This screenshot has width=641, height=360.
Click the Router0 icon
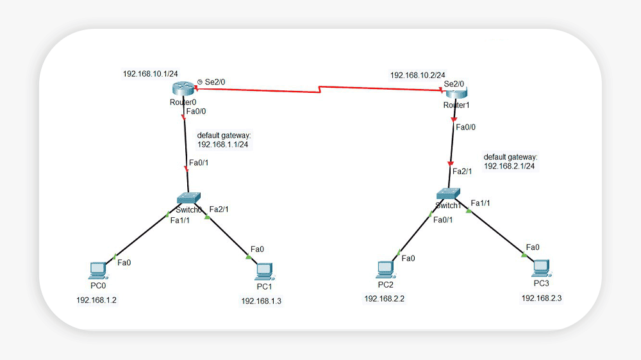pyautogui.click(x=183, y=90)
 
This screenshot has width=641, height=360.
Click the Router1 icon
pyautogui.click(x=456, y=94)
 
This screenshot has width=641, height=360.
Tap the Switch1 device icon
pyautogui.click(x=448, y=193)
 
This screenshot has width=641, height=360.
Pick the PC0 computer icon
pyautogui.click(x=97, y=270)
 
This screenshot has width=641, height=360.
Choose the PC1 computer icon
pyautogui.click(x=263, y=272)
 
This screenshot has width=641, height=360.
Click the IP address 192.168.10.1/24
pyautogui.click(x=151, y=74)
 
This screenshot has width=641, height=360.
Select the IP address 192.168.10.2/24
pyautogui.click(x=418, y=75)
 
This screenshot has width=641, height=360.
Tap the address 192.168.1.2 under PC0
pyautogui.click(x=96, y=300)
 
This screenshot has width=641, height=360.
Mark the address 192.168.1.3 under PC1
pyautogui.click(x=261, y=300)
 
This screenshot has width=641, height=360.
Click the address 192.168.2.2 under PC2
pyautogui.click(x=384, y=299)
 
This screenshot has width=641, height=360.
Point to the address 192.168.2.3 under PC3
pyautogui.click(x=542, y=298)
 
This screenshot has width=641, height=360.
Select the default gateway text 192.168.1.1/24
pyautogui.click(x=222, y=144)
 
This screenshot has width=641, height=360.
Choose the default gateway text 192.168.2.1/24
pyautogui.click(x=510, y=166)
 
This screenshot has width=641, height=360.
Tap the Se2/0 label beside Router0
pyautogui.click(x=215, y=82)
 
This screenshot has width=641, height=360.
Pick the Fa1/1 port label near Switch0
pyautogui.click(x=179, y=220)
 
